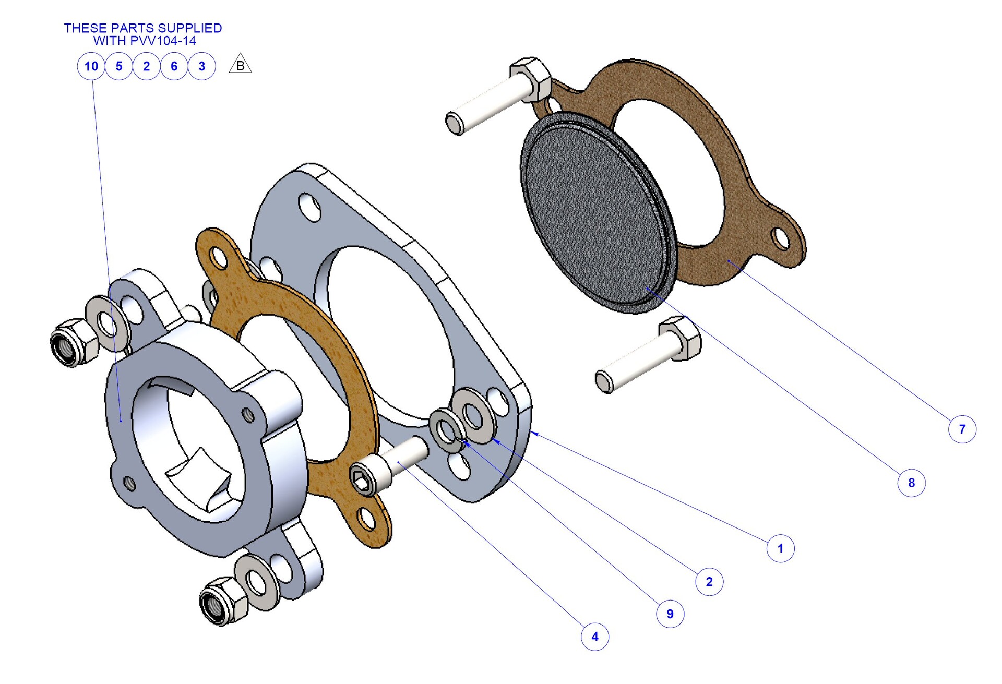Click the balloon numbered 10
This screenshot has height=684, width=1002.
[91, 66]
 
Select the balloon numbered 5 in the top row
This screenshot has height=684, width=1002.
[119, 66]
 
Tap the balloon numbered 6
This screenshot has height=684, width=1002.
[174, 66]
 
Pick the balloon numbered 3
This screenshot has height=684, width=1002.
[202, 66]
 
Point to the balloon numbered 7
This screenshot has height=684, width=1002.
[962, 429]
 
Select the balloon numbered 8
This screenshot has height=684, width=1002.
[912, 483]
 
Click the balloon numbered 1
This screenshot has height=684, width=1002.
[781, 548]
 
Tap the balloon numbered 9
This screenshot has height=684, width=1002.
[670, 614]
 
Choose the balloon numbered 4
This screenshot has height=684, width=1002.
[595, 637]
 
